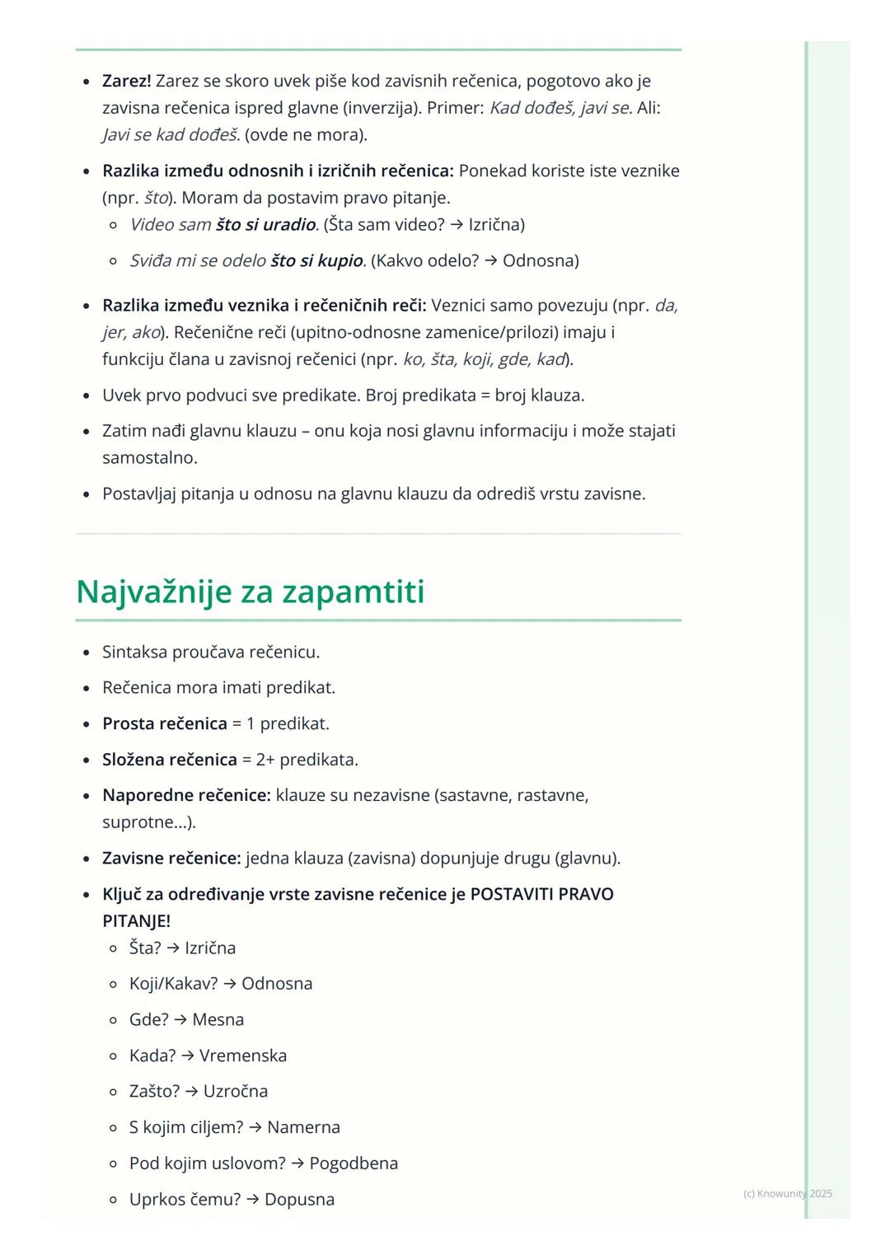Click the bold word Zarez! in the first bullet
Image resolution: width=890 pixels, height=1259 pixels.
tap(126, 81)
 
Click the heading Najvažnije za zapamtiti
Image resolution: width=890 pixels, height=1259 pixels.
tap(250, 592)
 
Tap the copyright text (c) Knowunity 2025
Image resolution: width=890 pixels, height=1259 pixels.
tap(787, 1193)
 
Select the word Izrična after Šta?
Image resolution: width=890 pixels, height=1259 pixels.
tap(210, 948)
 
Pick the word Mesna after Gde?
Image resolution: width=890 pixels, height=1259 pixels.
tap(218, 1019)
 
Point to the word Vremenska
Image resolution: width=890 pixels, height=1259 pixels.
tap(243, 1055)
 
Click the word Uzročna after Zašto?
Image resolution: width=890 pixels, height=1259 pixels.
tap(236, 1091)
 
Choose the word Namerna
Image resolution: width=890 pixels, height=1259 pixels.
tap(303, 1127)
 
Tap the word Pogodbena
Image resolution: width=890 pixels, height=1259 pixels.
tap(354, 1163)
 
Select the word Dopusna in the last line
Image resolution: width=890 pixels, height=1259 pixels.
tap(299, 1199)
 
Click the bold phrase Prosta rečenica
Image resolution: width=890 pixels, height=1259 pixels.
tap(164, 723)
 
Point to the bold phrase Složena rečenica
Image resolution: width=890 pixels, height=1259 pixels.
tap(169, 759)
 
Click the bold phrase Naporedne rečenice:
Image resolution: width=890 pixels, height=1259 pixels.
tap(186, 795)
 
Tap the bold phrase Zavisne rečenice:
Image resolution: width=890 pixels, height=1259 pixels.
tap(171, 858)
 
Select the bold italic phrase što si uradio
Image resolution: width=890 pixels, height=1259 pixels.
tap(266, 224)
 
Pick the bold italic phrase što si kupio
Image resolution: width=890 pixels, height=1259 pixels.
tap(317, 260)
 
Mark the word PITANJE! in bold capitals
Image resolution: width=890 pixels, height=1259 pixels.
tap(136, 920)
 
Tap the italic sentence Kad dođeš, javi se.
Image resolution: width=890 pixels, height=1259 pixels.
tap(561, 108)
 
